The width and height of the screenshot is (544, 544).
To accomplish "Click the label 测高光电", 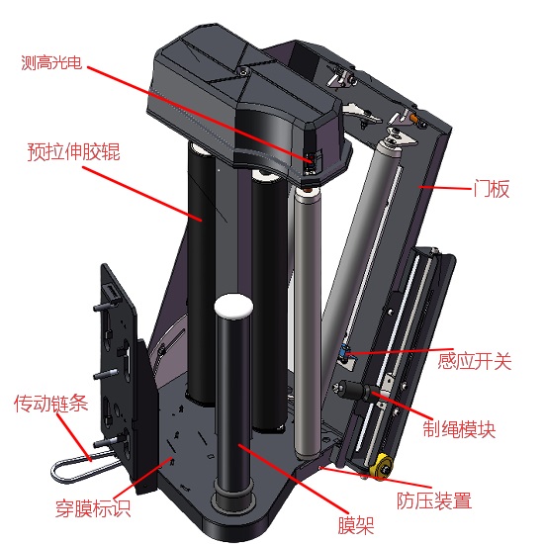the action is click(x=51, y=62).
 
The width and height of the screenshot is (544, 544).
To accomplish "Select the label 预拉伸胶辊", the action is click(x=74, y=151).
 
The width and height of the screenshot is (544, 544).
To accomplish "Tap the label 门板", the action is click(x=492, y=189).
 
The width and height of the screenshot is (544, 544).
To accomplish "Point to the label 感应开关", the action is click(x=474, y=361).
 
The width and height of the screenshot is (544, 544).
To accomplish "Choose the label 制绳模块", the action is click(x=459, y=429).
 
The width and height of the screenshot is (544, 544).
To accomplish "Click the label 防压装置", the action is click(x=434, y=500).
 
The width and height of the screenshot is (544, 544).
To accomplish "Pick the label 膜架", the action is click(x=356, y=525).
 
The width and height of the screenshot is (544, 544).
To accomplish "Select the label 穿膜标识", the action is click(x=93, y=508).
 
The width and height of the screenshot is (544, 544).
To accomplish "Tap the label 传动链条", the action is click(x=50, y=404).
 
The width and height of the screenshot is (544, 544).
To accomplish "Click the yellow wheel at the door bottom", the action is click(x=381, y=466).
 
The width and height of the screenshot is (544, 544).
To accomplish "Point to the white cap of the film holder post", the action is click(x=233, y=306).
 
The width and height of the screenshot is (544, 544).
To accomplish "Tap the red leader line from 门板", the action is click(x=445, y=188).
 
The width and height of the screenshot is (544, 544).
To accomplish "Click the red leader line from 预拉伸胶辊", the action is click(x=142, y=194).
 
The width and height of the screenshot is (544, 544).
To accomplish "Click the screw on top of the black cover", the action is click(x=245, y=71).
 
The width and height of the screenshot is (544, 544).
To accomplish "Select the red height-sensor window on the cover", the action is click(x=310, y=159).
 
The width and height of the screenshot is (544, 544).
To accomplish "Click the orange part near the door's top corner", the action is click(x=413, y=118).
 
